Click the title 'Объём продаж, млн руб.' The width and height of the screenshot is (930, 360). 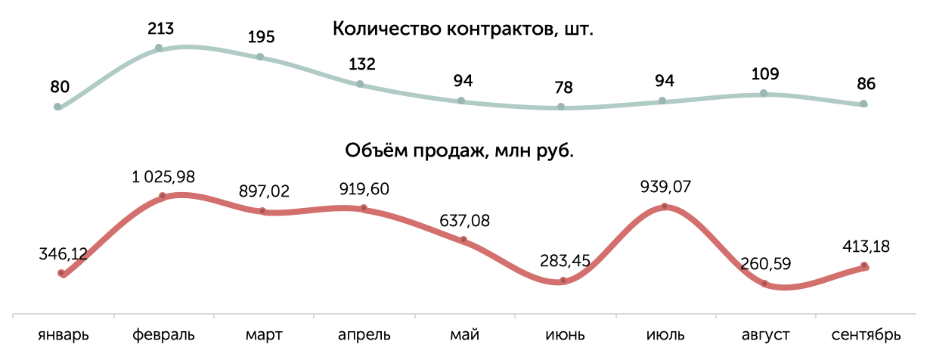click(x=459, y=151)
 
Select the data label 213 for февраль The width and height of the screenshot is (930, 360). click(x=161, y=29)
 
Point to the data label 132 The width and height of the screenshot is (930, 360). click(x=362, y=64)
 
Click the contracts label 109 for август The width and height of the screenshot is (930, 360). click(x=765, y=74)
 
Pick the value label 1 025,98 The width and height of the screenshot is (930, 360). click(x=163, y=178)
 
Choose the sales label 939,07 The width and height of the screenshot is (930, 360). click(x=665, y=186)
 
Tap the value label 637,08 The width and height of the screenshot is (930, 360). click(x=464, y=221)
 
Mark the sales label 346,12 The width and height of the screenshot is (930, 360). click(x=64, y=254)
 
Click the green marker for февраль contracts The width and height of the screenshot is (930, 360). click(x=159, y=48)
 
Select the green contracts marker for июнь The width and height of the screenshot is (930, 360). click(x=561, y=107)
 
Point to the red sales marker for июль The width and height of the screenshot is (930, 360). click(x=665, y=206)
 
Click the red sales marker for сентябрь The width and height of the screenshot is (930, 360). click(x=864, y=265)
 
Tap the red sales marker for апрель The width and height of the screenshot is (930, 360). click(x=363, y=208)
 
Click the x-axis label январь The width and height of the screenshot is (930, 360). click(x=64, y=334)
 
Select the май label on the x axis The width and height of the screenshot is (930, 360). click(x=463, y=334)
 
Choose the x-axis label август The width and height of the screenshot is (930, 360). click(x=764, y=334)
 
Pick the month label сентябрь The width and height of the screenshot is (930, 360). click(x=865, y=334)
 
